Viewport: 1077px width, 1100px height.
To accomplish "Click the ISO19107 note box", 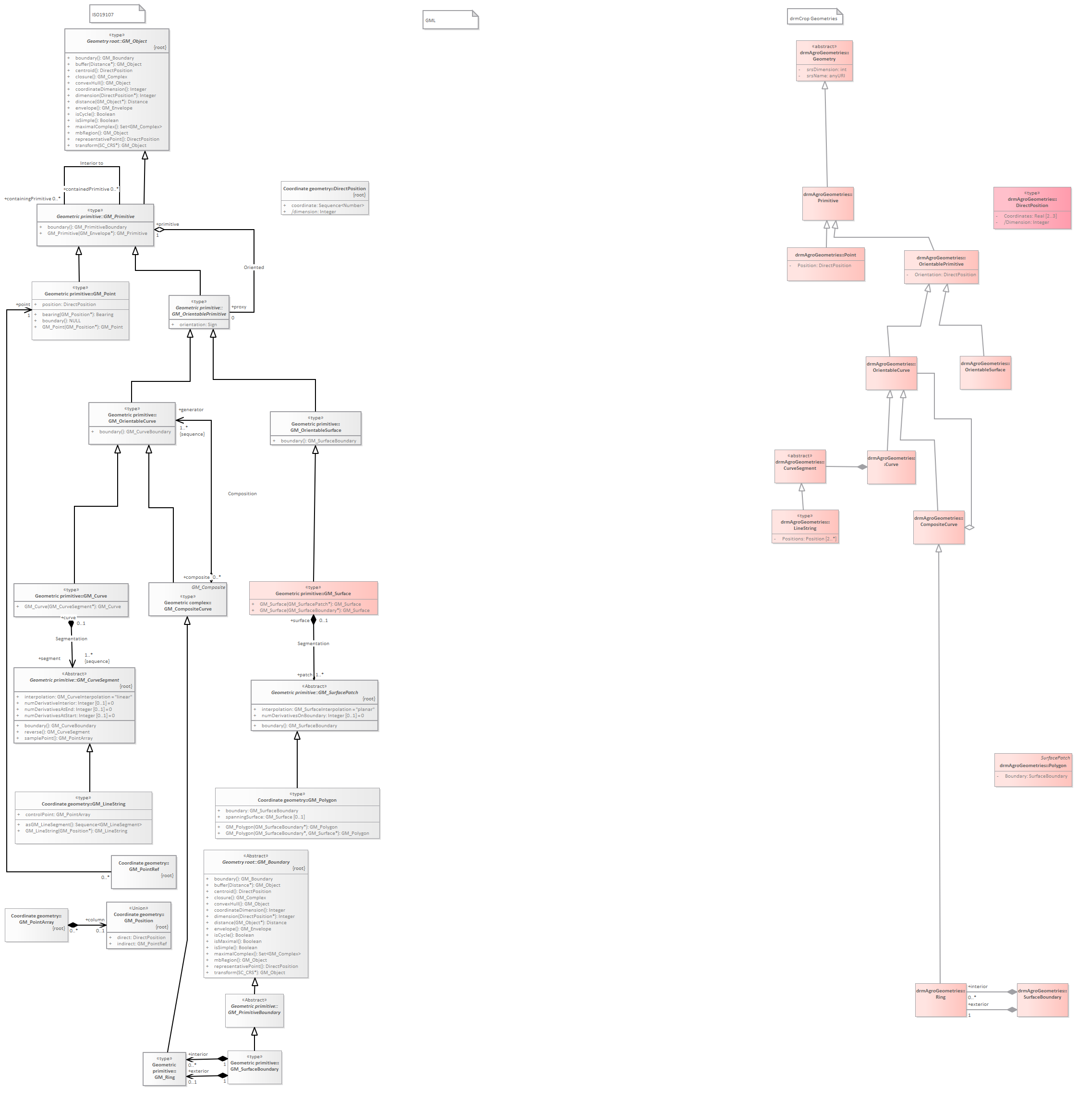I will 117,14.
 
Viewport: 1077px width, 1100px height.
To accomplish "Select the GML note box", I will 450,20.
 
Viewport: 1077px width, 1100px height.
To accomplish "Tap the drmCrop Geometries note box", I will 814,17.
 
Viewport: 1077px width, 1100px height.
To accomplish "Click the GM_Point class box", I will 80,311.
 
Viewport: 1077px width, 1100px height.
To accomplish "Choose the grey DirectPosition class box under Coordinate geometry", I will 325,198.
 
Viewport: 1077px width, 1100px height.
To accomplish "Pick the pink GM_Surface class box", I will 314,598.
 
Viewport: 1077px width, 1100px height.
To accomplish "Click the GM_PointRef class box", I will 144,871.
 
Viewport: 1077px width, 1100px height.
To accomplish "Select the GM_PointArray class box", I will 36,925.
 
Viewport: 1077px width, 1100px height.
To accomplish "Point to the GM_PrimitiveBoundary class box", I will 254,1011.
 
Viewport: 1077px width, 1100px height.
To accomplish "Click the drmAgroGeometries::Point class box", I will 825,264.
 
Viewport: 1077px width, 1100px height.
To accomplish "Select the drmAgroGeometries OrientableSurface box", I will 985,373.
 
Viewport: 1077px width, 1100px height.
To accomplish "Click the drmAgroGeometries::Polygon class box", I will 1033,770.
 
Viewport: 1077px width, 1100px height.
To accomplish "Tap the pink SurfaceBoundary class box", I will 1042,1000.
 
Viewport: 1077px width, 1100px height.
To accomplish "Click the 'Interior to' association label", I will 92,163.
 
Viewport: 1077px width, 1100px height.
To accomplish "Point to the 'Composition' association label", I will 242,494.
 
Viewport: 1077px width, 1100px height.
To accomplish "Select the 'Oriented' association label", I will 254,268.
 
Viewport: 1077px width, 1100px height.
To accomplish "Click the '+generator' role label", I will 191,410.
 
